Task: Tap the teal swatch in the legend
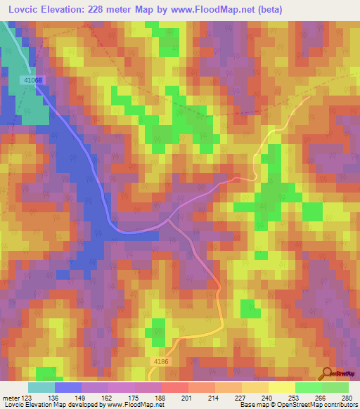point(41,387)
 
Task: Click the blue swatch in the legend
point(68,387)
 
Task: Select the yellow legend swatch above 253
point(282,387)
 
